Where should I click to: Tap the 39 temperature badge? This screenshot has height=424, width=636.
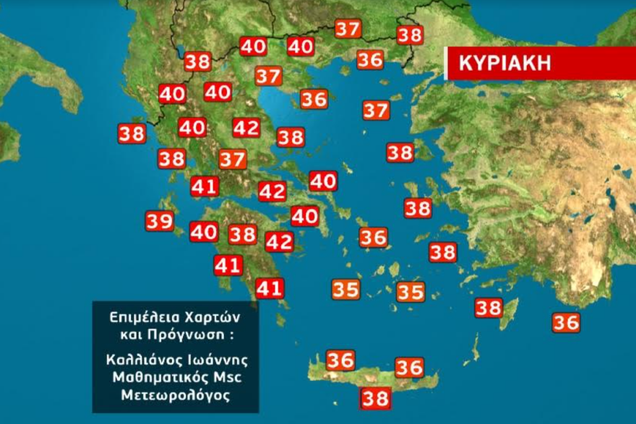coord(160,221)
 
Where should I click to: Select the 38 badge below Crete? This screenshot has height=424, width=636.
coord(375,397)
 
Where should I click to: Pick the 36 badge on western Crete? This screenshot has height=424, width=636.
coord(340,360)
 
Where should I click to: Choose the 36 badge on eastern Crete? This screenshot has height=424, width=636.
coord(409,367)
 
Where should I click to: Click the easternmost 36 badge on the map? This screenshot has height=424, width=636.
coord(566,322)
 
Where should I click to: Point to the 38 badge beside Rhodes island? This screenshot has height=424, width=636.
coord(489,308)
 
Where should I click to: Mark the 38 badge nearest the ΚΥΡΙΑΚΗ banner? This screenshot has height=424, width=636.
coord(410,35)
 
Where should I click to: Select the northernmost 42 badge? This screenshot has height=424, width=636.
coord(246,128)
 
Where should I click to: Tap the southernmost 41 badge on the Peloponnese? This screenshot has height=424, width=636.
coord(269,289)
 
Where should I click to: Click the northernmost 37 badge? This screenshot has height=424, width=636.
coord(348,29)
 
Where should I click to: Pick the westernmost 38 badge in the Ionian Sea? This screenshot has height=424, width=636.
coord(132,134)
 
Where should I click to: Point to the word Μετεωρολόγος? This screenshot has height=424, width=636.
coord(176,396)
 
